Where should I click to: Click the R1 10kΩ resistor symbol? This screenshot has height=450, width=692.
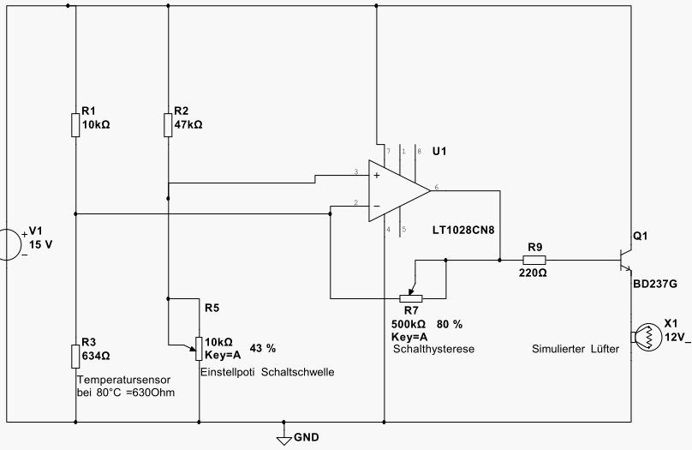76,125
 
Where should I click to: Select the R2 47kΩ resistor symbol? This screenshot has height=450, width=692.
168,125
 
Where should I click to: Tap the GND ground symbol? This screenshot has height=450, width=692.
283,438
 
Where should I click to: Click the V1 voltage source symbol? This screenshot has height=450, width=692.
9,243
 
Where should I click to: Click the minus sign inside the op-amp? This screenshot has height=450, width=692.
375,207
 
